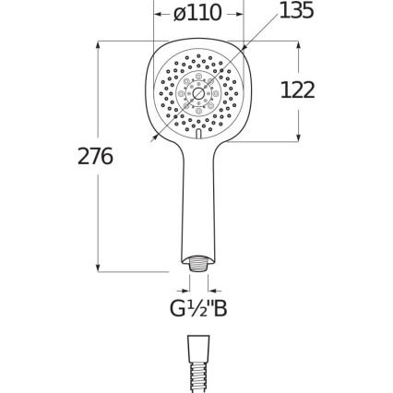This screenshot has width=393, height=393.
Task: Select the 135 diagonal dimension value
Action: coord(296,11)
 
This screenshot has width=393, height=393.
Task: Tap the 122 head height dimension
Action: coord(296,89)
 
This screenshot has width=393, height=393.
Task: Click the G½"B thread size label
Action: coord(196,309)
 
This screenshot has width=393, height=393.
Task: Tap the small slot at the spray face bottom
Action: coord(196,135)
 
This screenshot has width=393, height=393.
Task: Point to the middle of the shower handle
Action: coord(196,203)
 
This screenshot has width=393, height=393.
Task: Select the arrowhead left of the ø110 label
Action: coord(157,14)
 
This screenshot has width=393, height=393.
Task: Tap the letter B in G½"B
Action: coord(219,309)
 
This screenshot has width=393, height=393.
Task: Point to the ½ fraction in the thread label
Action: coord(194,309)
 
